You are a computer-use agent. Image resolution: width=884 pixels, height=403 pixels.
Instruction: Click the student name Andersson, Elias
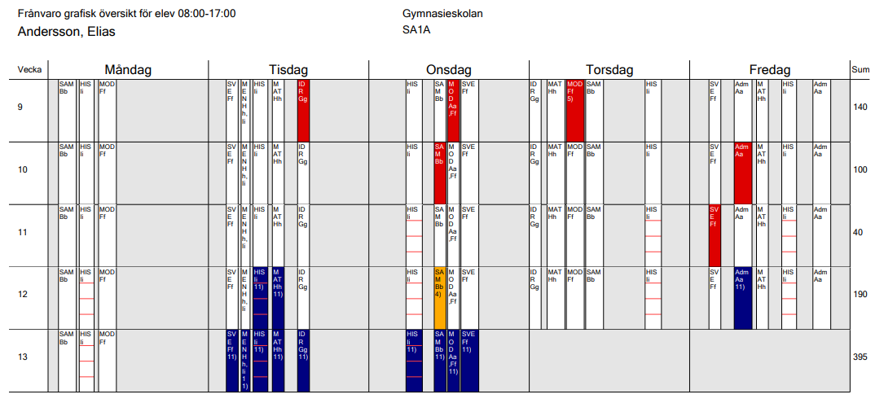[66, 32]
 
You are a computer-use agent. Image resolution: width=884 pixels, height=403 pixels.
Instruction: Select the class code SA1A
[416, 32]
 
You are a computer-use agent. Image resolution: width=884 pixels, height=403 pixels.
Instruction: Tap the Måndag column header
[128, 70]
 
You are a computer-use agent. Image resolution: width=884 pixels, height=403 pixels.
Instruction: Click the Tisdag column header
[288, 70]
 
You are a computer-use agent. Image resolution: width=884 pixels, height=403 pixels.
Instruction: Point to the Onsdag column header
[449, 70]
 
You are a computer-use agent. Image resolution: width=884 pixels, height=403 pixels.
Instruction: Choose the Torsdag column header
[609, 70]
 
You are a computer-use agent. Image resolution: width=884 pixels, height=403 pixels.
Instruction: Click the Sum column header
[860, 70]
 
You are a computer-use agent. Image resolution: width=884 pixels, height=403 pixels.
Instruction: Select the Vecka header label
[30, 70]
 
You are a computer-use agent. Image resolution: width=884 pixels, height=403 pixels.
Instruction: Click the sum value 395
[860, 357]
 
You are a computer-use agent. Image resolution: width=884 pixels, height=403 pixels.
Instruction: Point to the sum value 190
[860, 295]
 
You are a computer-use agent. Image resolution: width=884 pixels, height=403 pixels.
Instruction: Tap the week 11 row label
[22, 233]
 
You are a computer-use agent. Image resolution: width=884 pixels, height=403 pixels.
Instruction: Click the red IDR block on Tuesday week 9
[303, 110]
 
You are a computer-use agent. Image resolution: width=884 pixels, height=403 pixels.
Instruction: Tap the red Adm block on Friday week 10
[742, 173]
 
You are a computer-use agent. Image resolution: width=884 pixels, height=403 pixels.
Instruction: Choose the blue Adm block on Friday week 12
[742, 297]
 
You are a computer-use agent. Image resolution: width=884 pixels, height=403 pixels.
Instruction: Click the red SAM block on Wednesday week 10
[440, 173]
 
